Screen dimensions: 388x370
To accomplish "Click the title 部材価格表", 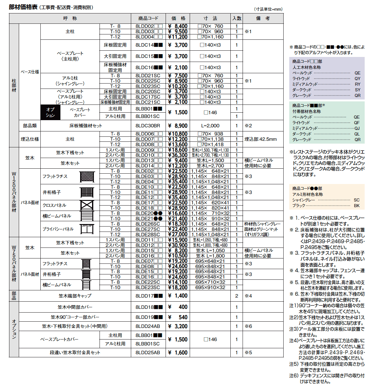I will coord(23,7).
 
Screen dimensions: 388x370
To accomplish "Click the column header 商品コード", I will coord(148,18).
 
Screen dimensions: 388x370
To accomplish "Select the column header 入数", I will coord(237,18).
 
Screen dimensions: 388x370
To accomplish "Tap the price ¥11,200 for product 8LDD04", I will coord(178,37).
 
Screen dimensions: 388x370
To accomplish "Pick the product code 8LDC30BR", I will coord(148,126).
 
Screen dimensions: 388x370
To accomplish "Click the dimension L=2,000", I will coord(210,126).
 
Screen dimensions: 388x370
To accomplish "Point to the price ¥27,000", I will coord(178,234).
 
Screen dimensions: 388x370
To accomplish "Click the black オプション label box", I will coord(50,112).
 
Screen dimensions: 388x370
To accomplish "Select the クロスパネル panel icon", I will coord(87,205).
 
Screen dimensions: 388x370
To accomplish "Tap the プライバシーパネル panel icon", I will coord(87,229).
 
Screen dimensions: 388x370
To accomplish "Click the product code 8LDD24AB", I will coord(148,326).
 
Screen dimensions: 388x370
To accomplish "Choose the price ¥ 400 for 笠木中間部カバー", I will coord(178,307).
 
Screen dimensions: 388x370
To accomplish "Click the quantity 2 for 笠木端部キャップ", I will coord(237,296).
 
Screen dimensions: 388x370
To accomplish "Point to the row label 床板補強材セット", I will coord(86,126).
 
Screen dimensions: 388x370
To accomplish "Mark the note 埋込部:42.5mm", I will coord(260,139).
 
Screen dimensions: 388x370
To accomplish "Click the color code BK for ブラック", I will coord(357,206).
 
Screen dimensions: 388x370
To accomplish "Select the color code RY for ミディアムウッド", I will coord(357,84).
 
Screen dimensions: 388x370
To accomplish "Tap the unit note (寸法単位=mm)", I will coord(268,9).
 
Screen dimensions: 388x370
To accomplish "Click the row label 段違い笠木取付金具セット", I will coord(75,353).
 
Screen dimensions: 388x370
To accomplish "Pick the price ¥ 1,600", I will coord(178,353).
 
